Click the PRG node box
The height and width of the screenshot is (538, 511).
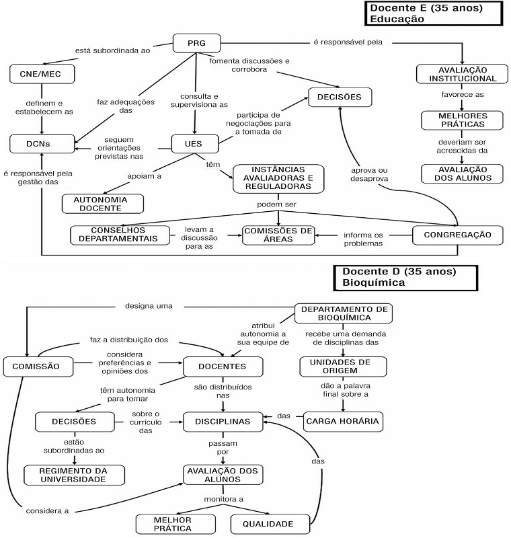pyautogui.click(x=196, y=44)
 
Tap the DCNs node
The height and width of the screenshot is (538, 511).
pyautogui.click(x=42, y=143)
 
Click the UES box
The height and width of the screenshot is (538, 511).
pyautogui.click(x=196, y=143)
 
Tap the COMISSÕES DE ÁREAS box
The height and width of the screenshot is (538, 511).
pyautogui.click(x=278, y=235)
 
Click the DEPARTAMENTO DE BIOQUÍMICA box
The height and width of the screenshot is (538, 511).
pyautogui.click(x=343, y=313)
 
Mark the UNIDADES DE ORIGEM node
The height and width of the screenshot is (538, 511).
pyautogui.click(x=343, y=366)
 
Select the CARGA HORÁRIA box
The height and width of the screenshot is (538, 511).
pyautogui.click(x=343, y=422)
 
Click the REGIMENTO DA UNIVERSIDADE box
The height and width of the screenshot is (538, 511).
pyautogui.click(x=75, y=475)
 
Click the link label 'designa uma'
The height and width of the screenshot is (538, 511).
pyautogui.click(x=149, y=306)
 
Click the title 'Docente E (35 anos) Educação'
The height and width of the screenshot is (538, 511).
pyautogui.click(x=434, y=13)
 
